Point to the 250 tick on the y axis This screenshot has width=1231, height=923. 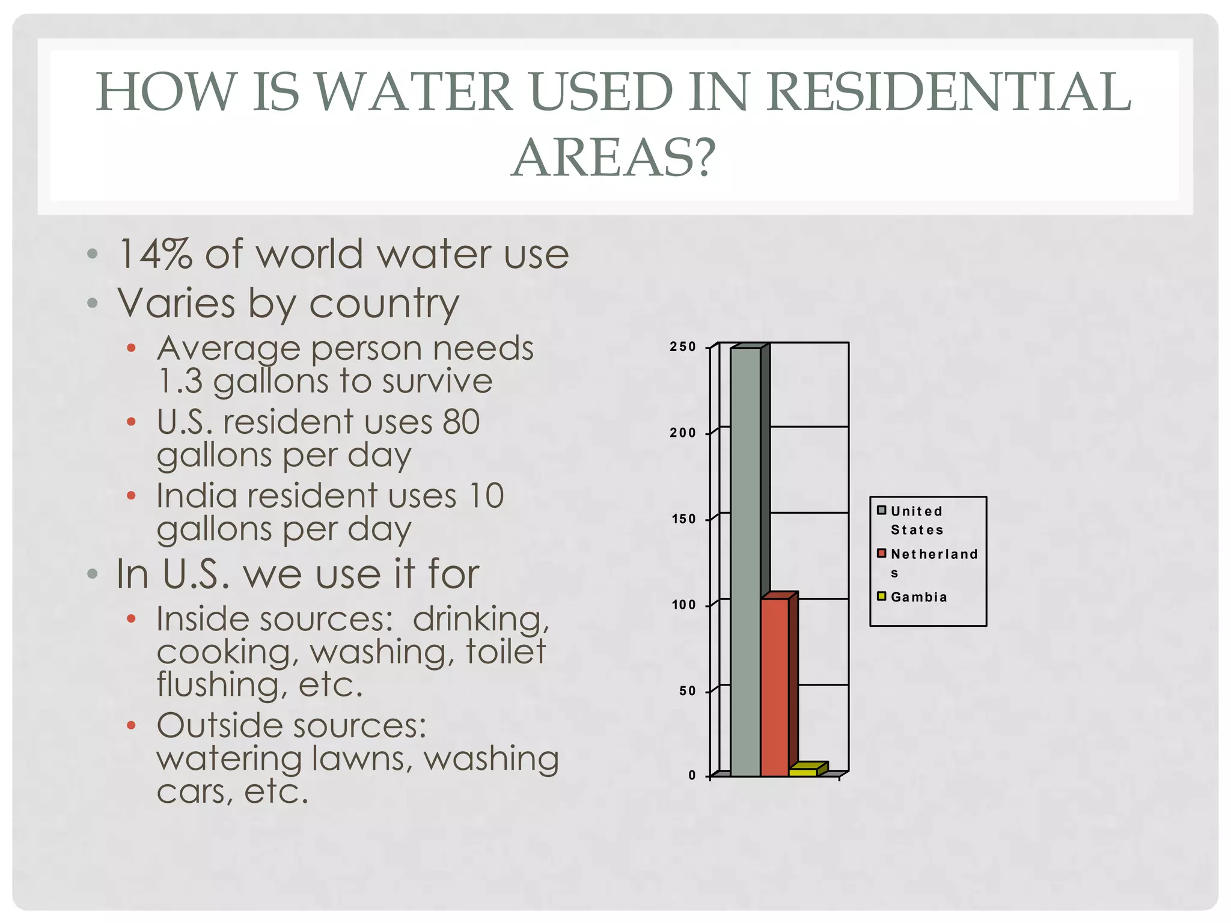[683, 347]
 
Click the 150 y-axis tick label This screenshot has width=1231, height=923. [683, 519]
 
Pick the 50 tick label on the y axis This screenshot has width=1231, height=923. [687, 691]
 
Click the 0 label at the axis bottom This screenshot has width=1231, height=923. [692, 776]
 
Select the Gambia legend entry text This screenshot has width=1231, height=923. [918, 597]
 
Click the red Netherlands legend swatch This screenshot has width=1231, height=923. [881, 553]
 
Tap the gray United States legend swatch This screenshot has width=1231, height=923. [881, 510]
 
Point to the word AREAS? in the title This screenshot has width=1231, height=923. [614, 157]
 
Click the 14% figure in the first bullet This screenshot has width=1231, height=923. [155, 254]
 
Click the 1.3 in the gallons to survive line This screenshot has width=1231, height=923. [180, 381]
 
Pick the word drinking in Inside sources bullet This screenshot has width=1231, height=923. [481, 619]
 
